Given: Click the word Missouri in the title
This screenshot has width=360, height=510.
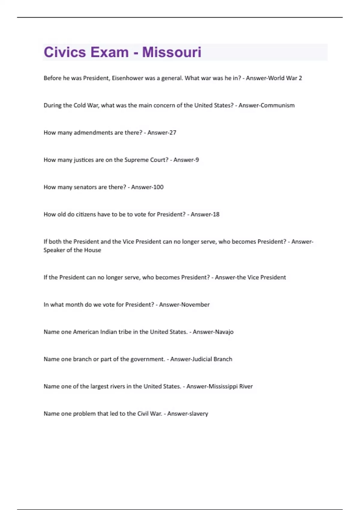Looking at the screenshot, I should click(172, 52).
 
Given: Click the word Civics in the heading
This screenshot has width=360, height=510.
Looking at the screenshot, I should click(65, 52).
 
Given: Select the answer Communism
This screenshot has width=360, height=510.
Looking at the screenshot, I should click(277, 105).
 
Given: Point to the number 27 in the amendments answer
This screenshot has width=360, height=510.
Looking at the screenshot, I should click(172, 133).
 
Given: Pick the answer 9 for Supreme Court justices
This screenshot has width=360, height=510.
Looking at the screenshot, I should click(197, 160).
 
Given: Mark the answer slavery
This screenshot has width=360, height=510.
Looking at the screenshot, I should click(198, 414).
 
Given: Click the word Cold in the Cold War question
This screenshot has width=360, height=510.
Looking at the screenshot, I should click(79, 105).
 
